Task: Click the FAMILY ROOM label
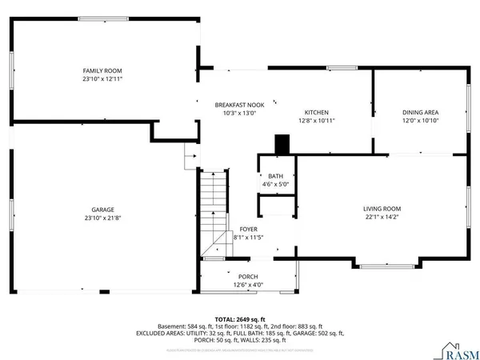[x=102, y=71]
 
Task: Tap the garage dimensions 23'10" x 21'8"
[x=102, y=218]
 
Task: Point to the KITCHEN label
[x=316, y=112]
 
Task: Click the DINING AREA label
[x=421, y=112]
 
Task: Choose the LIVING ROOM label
[x=382, y=208]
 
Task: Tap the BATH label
[x=275, y=176]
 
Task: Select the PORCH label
[x=247, y=277]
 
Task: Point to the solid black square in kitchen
[x=282, y=144]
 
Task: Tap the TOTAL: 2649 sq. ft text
[x=239, y=318]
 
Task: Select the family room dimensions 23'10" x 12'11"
[x=102, y=79]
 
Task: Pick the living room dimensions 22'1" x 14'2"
[x=382, y=216]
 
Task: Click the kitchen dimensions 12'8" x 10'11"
[x=316, y=120]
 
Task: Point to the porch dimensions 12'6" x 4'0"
[x=247, y=285]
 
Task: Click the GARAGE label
[x=102, y=210]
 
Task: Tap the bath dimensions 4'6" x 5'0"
[x=275, y=184]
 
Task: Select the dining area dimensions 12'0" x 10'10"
[x=421, y=120]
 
